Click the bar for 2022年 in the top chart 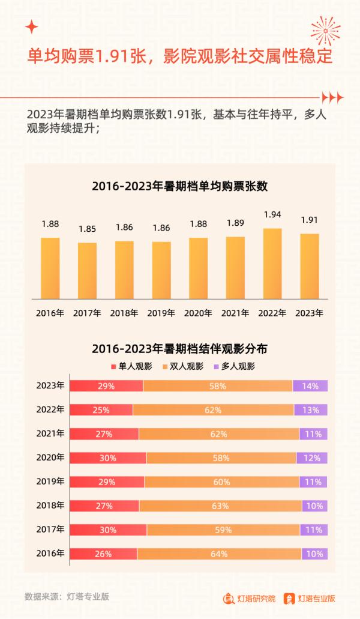[272, 263]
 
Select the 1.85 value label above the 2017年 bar [88, 229]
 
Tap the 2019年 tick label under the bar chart [161, 313]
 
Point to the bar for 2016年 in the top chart [50, 268]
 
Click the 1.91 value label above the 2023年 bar [310, 220]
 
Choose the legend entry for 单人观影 [131, 366]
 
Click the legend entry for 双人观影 [183, 366]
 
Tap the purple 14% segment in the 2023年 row [310, 386]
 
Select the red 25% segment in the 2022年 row [101, 410]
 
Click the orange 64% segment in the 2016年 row [220, 554]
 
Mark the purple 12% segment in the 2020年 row [312, 458]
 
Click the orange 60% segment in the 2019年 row [221, 482]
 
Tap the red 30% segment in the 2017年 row [108, 530]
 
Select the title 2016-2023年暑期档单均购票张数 [179, 186]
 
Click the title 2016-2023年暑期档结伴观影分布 [179, 348]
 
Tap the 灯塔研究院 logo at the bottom [250, 598]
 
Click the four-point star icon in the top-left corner [32, 27]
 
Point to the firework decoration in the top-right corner [325, 30]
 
